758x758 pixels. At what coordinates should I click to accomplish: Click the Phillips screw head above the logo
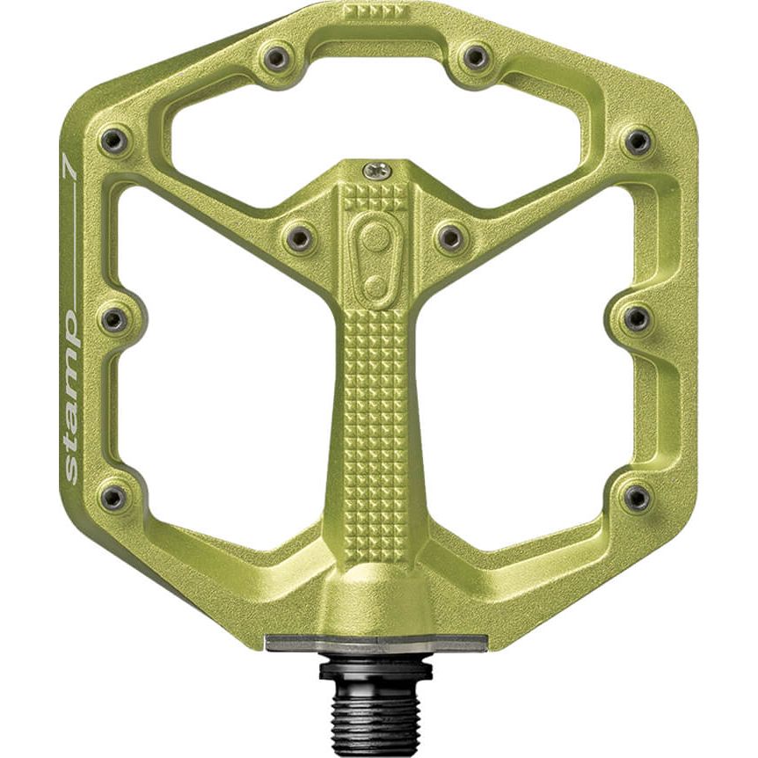378,171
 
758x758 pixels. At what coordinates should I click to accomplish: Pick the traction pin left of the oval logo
299,237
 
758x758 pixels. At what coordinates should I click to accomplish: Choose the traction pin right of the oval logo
450,237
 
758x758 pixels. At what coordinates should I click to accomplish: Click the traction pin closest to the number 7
113,141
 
